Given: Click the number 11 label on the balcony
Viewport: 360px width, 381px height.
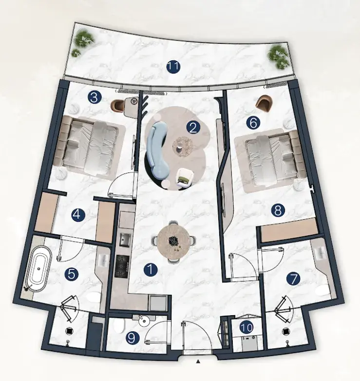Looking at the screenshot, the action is coord(174,67).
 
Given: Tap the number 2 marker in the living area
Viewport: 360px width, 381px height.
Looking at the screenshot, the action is coord(193,128).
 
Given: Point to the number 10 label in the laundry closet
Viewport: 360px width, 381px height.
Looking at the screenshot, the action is coord(247,328).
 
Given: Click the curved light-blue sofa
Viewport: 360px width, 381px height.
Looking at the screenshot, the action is coord(155,148).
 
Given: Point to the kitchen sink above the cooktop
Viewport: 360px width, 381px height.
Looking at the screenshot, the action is coord(125,240).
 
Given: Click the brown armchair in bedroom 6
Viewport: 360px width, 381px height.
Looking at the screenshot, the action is coord(264,103).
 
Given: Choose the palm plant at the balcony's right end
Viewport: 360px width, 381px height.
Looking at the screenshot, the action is coord(278,57).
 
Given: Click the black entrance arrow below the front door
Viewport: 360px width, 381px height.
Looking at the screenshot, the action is coord(198,362).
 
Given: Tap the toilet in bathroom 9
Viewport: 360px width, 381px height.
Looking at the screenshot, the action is coord(120,326).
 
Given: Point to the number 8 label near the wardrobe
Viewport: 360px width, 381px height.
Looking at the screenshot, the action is coord(278,210).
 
